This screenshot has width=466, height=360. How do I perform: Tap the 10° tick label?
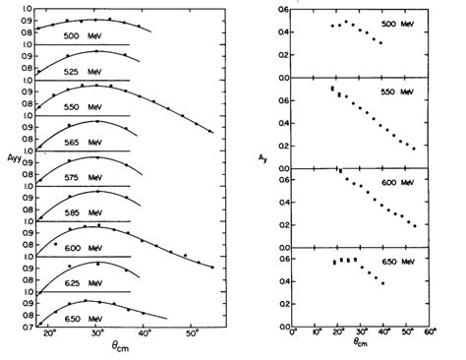pos(317,339)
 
